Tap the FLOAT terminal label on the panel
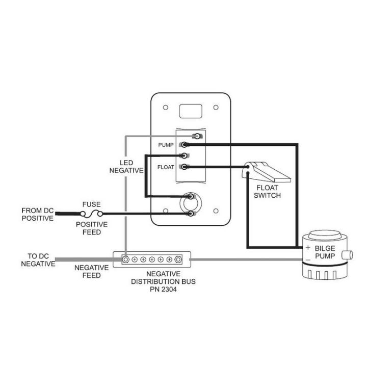click(166, 167)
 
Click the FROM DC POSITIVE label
click(37, 214)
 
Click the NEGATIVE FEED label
click(91, 271)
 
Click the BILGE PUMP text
click(325, 251)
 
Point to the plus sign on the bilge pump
click(308, 248)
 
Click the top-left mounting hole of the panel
click(165, 108)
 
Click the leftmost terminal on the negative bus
click(125, 259)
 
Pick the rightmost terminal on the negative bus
click(178, 259)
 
